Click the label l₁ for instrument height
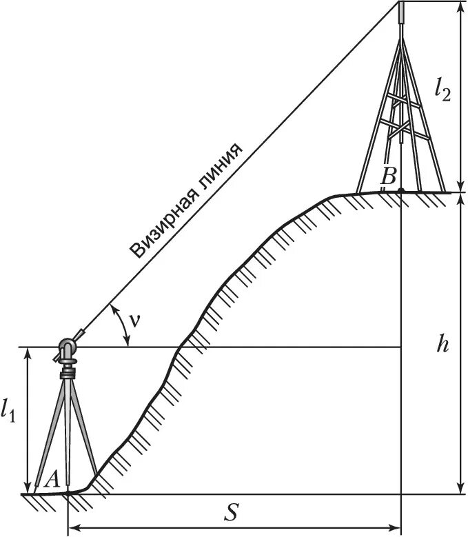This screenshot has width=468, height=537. (9, 412)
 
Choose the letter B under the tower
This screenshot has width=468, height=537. (388, 176)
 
